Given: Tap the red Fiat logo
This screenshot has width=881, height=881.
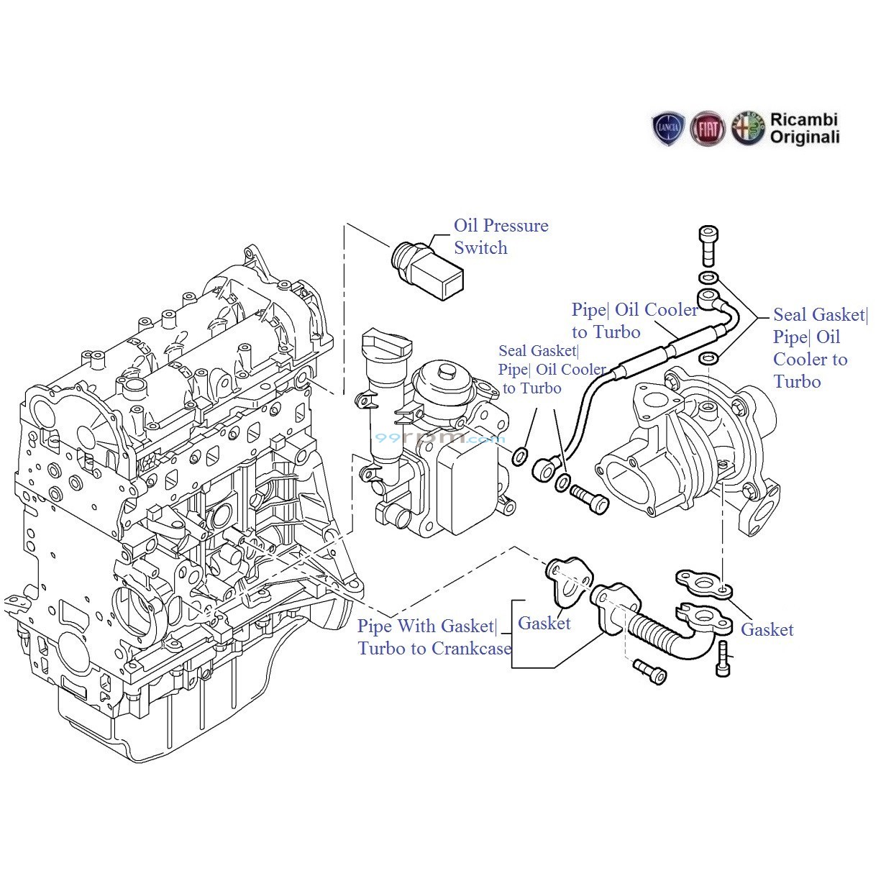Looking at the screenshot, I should click(x=707, y=130).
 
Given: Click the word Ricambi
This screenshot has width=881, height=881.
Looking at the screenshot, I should click(x=803, y=120).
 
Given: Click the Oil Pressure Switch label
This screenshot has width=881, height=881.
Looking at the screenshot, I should click(x=501, y=237).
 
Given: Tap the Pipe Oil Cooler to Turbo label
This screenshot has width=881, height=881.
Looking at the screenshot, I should click(x=634, y=321).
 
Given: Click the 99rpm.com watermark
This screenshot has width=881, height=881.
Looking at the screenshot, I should click(x=439, y=437).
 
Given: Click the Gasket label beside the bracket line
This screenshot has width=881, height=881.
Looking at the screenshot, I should click(x=544, y=624).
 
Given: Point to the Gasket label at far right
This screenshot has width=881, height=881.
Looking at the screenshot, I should click(x=767, y=630).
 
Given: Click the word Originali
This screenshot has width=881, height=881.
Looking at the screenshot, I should click(x=804, y=137).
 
